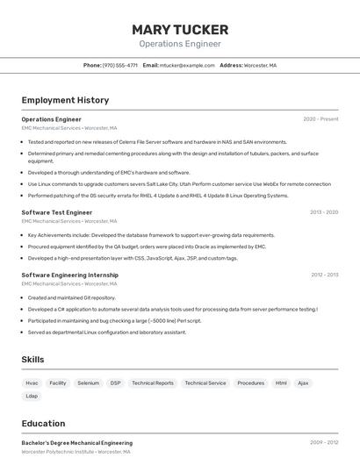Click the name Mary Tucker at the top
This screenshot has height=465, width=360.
[180, 30]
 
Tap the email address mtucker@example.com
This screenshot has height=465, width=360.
[187, 65]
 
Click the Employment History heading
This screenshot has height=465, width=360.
[65, 100]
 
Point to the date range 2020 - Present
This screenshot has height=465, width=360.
[320, 119]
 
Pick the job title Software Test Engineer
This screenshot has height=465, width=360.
[57, 212]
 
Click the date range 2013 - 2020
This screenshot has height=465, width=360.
[323, 212]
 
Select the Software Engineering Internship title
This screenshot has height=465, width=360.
[69, 275]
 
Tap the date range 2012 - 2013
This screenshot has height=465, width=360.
[324, 275]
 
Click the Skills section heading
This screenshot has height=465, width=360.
[32, 360]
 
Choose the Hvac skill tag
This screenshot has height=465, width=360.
[32, 383]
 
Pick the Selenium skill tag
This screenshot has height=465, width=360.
[88, 383]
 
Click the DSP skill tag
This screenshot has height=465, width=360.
[116, 383]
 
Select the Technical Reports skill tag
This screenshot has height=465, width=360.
[153, 383]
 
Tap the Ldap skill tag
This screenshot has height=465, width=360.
[32, 397]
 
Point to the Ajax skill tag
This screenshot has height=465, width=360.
[303, 383]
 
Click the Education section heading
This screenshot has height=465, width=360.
[43, 424]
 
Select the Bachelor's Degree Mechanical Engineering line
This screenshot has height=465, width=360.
[77, 443]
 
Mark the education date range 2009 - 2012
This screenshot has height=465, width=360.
[323, 443]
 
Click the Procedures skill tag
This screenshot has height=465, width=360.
[250, 383]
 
